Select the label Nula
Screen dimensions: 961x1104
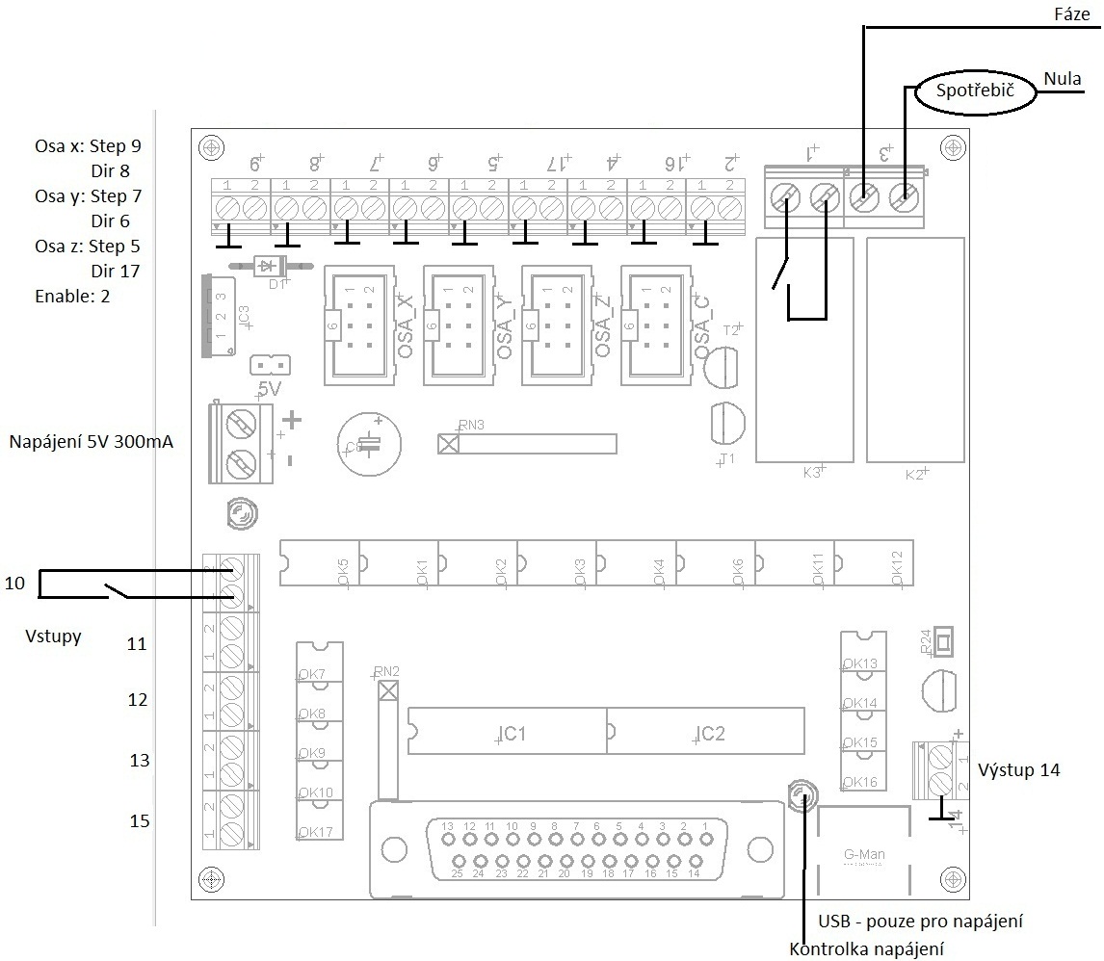coord(1063,79)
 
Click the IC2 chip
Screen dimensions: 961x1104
coord(705,731)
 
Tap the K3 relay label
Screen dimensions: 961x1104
coord(812,472)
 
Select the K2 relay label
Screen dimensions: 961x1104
coord(914,473)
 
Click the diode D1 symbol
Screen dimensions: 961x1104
coord(263,266)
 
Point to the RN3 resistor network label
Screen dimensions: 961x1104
coord(472,424)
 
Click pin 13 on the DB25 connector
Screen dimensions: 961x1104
coord(447,826)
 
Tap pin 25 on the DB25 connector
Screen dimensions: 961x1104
coord(458,874)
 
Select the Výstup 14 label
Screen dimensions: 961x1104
coord(1019,770)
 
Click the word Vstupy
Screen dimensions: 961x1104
coord(53,636)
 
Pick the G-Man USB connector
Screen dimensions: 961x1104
coord(864,853)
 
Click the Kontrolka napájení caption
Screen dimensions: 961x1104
coord(866,949)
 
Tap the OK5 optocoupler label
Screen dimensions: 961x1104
coord(344,569)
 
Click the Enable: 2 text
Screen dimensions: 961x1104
coord(72,297)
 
